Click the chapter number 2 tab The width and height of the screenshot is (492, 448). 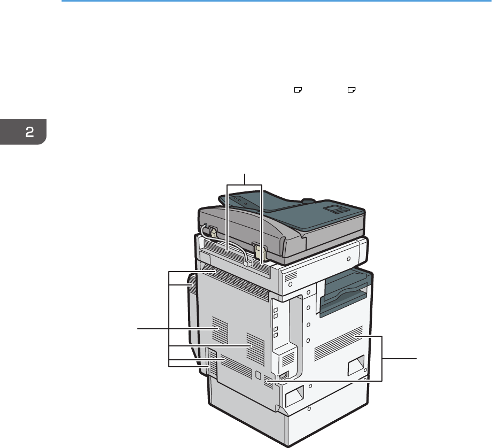point(23,132)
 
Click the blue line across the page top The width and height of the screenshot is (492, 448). point(276,1)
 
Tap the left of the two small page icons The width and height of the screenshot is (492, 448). point(298,90)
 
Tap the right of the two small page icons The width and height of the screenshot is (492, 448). point(352,90)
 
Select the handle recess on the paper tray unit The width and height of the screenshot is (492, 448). point(294,396)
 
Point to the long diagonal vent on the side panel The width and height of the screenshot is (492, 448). point(339,343)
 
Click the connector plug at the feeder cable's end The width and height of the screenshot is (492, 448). point(248,262)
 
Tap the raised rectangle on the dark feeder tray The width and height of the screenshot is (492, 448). point(335,209)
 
